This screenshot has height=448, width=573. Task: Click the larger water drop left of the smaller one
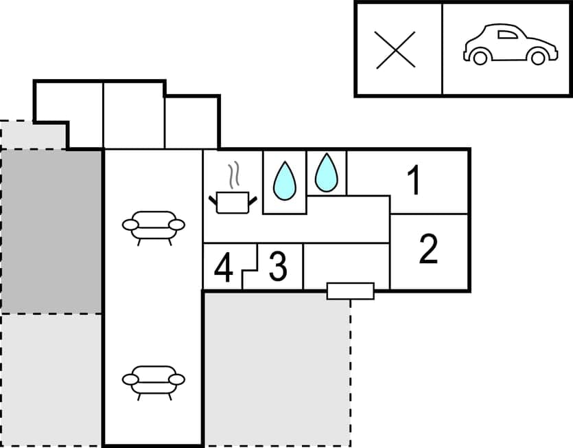284,179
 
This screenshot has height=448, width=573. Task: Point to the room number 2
428,249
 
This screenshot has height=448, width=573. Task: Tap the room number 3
277,267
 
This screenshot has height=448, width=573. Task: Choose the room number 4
223,269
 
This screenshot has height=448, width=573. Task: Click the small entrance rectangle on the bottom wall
350,291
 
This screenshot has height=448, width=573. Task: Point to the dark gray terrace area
52,231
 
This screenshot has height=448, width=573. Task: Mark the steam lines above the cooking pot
235,175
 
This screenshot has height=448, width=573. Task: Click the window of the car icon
506,34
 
